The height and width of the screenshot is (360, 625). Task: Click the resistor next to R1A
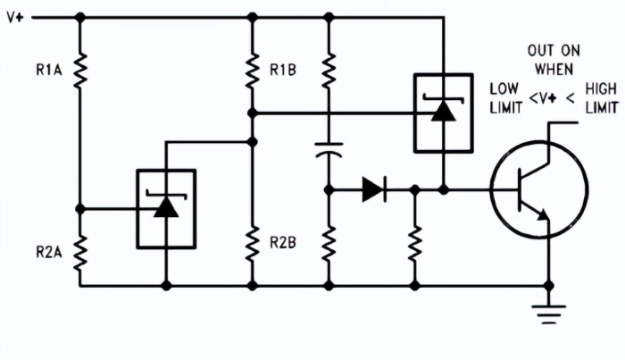[79, 68]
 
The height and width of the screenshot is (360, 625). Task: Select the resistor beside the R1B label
[252, 68]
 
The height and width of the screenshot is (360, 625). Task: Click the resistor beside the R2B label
[252, 241]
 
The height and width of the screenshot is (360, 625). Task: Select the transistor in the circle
[538, 189]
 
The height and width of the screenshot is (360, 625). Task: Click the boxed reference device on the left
[165, 208]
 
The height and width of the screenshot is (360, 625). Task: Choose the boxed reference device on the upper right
[442, 112]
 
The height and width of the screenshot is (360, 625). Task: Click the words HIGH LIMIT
[600, 97]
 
